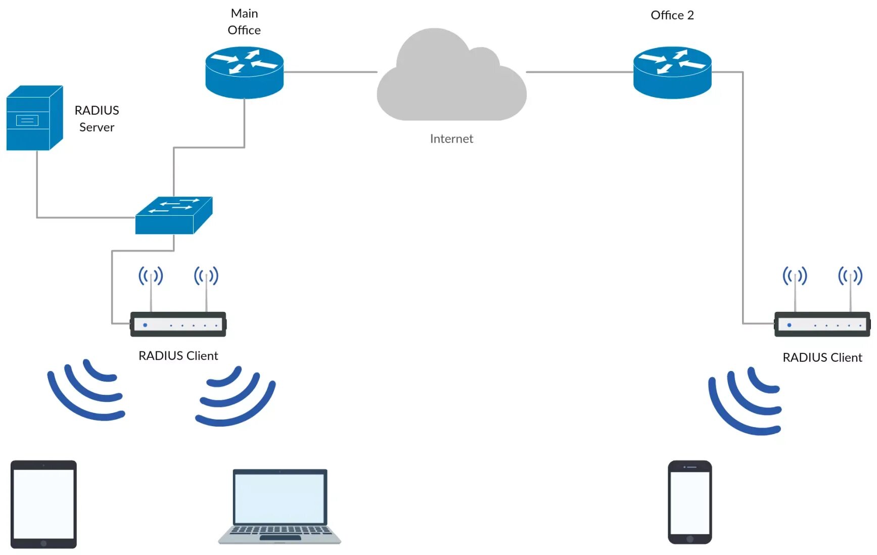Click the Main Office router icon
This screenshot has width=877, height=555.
coord(244,72)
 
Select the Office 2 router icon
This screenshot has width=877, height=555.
coord(672,72)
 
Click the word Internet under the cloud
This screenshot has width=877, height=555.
coord(451,138)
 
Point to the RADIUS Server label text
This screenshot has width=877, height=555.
coord(97,118)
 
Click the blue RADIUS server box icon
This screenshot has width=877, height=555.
coord(34,118)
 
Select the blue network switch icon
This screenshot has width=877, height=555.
coord(174,215)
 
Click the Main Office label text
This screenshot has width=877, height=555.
coord(244,22)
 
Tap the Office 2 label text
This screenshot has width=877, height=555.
coord(672,15)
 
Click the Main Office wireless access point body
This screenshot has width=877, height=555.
coord(178,324)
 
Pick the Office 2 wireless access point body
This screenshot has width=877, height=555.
coord(822,324)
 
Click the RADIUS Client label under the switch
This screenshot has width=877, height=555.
coord(178,356)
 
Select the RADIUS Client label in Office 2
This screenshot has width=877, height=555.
coord(822,357)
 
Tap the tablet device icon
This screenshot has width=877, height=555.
coord(43,504)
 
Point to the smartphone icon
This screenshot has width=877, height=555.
coord(690,502)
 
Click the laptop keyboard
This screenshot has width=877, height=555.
coord(280,531)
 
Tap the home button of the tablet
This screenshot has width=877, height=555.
coord(43,543)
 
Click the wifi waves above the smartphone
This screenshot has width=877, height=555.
coord(745,400)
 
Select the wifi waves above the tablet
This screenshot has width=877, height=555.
coord(85,389)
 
